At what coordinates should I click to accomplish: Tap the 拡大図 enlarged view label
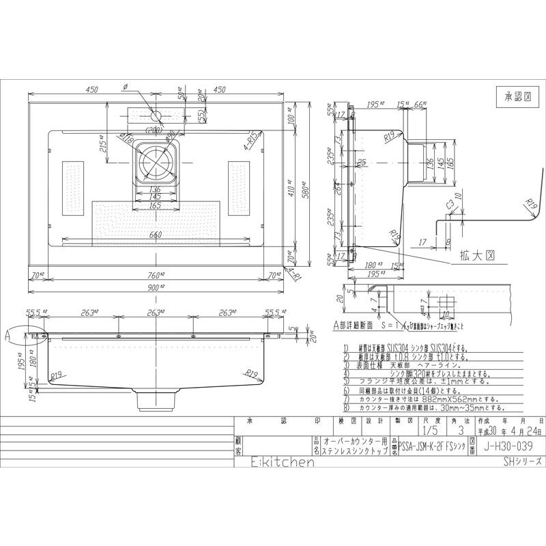[473, 252]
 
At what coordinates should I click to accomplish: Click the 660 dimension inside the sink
[156, 235]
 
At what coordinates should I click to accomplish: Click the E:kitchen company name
[273, 463]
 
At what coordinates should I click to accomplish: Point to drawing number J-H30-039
[506, 447]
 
